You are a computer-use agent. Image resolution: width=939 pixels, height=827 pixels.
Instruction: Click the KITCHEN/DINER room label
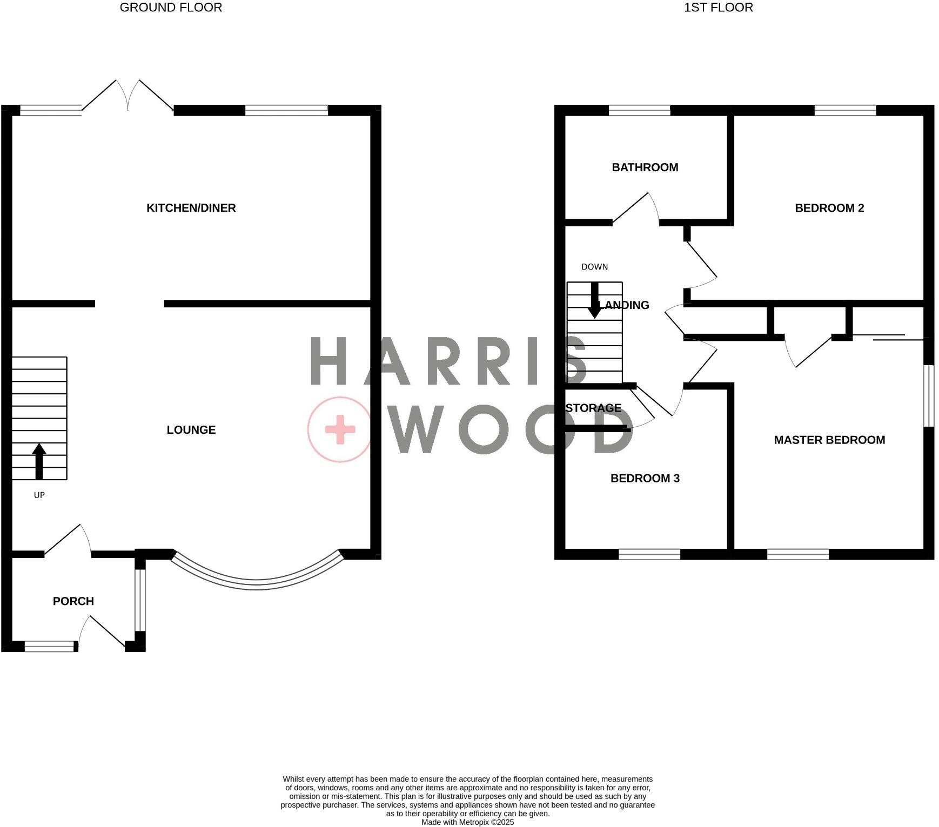[191, 208]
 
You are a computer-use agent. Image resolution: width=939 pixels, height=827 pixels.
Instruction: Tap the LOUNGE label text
[191, 430]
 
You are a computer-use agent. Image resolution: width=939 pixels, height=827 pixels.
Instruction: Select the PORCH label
[73, 601]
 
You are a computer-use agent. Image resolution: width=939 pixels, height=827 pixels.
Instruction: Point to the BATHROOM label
[645, 167]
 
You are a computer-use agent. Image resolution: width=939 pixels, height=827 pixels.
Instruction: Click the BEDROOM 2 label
[829, 208]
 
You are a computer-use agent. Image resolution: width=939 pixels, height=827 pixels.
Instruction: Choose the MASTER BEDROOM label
[829, 440]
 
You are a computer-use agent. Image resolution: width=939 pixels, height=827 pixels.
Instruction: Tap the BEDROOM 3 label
[645, 479]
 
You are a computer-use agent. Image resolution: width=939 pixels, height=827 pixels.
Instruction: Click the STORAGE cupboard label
[593, 408]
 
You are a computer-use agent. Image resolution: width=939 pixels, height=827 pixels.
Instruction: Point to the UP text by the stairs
[39, 495]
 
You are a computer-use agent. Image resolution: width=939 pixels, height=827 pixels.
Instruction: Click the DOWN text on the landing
[594, 267]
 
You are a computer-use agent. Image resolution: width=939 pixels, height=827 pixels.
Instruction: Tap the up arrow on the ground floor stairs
[39, 462]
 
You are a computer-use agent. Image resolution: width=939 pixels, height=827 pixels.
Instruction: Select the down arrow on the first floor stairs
[595, 301]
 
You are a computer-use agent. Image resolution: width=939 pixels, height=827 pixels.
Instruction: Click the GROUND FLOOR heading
[171, 8]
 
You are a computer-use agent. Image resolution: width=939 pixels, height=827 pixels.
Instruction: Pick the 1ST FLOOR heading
[719, 8]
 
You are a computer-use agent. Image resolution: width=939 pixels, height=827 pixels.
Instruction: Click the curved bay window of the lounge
[257, 583]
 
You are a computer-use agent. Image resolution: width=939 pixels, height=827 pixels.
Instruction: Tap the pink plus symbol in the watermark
[340, 430]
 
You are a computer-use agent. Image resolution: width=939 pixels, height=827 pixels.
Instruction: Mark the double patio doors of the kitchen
[128, 97]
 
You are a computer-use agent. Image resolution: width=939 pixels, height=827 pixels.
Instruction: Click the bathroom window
[639, 111]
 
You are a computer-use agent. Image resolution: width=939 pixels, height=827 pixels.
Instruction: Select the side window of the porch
[140, 600]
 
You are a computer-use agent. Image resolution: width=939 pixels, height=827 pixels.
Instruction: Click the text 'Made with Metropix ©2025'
[467, 822]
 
